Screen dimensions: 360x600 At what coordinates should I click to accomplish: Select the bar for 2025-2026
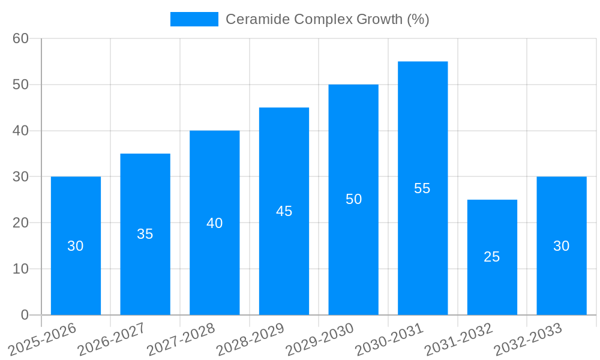tap(76, 245)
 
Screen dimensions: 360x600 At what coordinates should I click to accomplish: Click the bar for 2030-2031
tap(422, 188)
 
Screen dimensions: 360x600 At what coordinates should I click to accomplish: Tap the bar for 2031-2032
tap(492, 257)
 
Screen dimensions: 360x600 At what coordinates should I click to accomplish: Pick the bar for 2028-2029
tap(284, 211)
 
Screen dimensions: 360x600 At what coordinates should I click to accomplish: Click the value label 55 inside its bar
tap(422, 188)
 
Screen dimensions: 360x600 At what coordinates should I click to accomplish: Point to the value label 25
tap(492, 257)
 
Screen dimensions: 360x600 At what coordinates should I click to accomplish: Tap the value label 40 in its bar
tap(215, 223)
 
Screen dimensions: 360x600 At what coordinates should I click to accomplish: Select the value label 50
tap(354, 199)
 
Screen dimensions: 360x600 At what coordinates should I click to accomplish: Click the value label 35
tap(145, 234)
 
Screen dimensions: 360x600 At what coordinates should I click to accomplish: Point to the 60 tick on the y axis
tap(21, 38)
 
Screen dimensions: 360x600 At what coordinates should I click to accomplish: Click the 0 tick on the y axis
tap(25, 315)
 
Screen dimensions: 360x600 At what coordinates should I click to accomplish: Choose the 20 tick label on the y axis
tap(21, 223)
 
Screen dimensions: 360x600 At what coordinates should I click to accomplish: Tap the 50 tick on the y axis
tap(21, 85)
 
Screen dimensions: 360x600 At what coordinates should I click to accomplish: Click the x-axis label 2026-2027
tap(112, 340)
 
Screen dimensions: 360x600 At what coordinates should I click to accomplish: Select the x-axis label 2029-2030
tap(320, 340)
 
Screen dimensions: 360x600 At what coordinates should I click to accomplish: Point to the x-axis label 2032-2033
tap(529, 340)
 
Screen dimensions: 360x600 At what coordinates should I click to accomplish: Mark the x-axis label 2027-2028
tap(182, 340)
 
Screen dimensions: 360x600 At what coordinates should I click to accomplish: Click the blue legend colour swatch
tap(194, 19)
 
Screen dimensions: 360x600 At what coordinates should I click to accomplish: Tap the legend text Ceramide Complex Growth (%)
tap(327, 19)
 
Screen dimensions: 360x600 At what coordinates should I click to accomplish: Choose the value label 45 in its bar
tap(284, 211)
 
